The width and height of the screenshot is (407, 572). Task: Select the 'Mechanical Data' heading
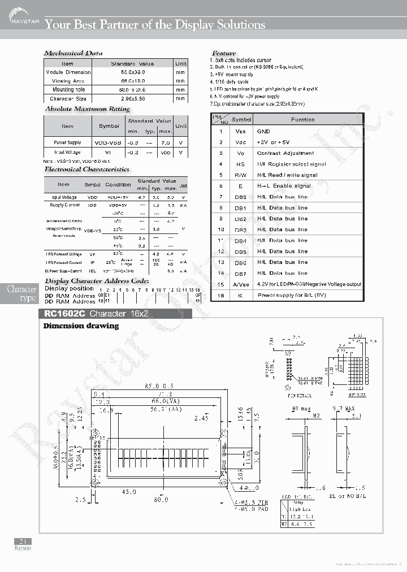(x=73, y=53)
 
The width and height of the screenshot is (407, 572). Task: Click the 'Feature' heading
(x=224, y=53)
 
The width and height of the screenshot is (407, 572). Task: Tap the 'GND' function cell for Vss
(x=263, y=131)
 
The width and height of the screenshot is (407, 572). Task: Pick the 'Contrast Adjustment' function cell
(x=285, y=153)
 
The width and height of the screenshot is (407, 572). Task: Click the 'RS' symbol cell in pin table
(x=241, y=164)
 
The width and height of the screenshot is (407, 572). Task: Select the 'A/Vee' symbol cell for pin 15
(x=241, y=284)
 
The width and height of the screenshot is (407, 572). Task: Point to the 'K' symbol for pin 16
(x=241, y=295)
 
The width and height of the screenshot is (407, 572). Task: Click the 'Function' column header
(x=303, y=120)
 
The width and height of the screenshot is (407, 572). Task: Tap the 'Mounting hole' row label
(x=68, y=90)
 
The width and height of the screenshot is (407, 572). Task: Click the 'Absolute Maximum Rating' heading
(x=88, y=109)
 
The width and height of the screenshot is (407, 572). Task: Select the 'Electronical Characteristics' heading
(x=87, y=169)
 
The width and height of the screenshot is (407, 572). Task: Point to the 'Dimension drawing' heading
(x=81, y=326)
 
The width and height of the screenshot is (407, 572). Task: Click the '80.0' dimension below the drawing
(x=161, y=499)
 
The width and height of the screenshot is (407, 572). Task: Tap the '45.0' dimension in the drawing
(x=129, y=492)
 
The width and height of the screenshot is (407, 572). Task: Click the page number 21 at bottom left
(x=23, y=541)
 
